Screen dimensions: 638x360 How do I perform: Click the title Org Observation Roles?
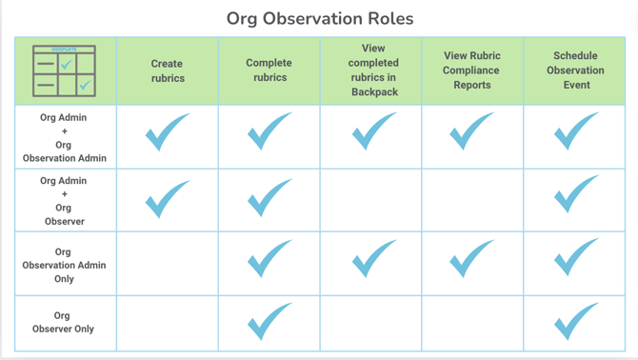coord(320,18)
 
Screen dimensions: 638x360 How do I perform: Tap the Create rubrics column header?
coord(168,70)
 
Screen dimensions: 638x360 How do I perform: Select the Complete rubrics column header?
coord(269,70)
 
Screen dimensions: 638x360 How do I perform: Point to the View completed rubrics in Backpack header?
coord(373,70)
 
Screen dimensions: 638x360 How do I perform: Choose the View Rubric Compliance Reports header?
coord(472,70)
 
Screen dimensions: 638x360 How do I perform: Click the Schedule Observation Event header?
coord(575,70)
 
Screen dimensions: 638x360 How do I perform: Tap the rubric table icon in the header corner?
coord(65,70)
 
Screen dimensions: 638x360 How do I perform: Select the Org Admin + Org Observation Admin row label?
coord(65,138)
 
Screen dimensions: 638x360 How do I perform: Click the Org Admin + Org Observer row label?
coord(65,201)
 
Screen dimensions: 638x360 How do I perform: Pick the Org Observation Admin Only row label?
coord(65,265)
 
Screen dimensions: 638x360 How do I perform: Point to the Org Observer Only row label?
coord(65,322)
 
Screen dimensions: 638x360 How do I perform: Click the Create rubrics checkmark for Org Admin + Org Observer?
coord(168,198)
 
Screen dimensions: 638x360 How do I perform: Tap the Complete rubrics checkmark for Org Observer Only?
coord(269,322)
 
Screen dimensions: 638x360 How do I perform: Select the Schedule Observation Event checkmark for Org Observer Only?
coord(575,322)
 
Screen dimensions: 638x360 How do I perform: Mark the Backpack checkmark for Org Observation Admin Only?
coord(373,259)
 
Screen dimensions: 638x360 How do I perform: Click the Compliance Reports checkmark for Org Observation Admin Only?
coord(472,259)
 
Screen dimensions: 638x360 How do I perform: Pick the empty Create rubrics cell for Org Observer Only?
coord(168,323)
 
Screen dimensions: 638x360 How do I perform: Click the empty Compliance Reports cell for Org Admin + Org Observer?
coord(472,201)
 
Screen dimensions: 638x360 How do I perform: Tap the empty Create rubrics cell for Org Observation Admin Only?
coord(168,264)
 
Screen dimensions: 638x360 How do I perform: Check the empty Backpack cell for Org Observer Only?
coord(373,323)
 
